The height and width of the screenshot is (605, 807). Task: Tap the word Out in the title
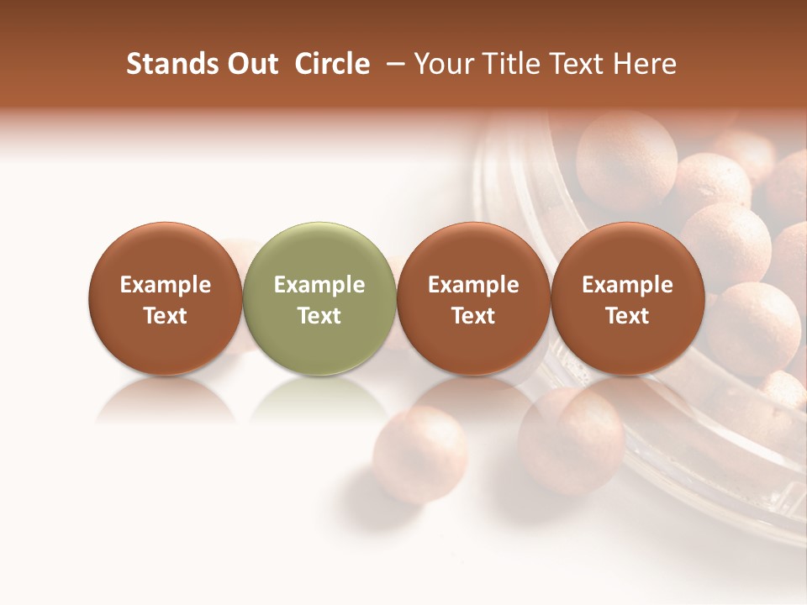(x=251, y=64)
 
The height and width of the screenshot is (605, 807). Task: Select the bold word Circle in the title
(x=332, y=64)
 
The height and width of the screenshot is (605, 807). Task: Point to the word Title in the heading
(x=512, y=64)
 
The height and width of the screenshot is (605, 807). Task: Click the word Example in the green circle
(x=319, y=285)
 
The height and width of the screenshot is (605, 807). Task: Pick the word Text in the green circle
(x=319, y=316)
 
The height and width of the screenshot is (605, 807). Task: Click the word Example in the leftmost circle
(x=166, y=285)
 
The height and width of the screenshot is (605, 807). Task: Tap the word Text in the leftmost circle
(x=166, y=316)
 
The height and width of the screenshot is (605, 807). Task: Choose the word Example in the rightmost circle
(x=628, y=285)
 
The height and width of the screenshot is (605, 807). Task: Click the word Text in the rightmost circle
(x=628, y=316)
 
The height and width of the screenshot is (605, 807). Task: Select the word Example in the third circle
(x=473, y=285)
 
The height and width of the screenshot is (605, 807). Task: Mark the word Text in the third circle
(x=473, y=316)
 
